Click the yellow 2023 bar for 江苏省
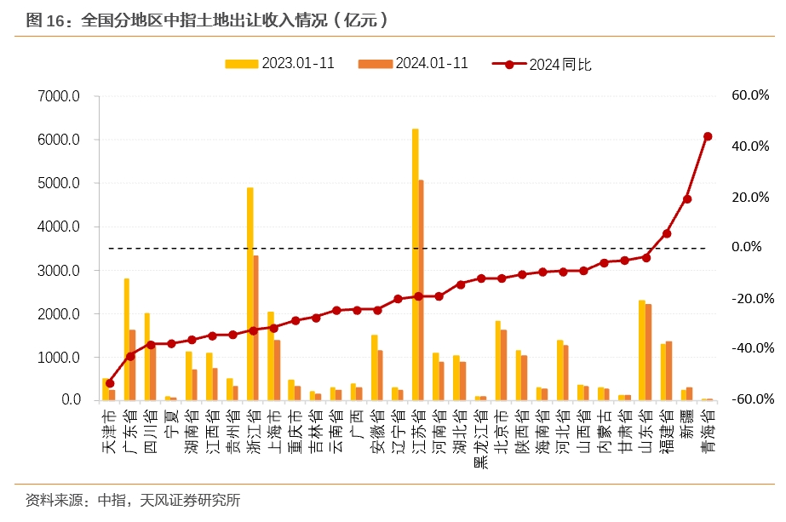[x=415, y=264]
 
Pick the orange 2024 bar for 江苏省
[x=421, y=290]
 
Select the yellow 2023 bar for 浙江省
[x=250, y=294]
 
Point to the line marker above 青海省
[x=708, y=136]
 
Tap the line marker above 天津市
[x=110, y=383]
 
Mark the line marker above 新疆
[x=687, y=199]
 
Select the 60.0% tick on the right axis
[x=750, y=96]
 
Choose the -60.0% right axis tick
[x=750, y=399]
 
